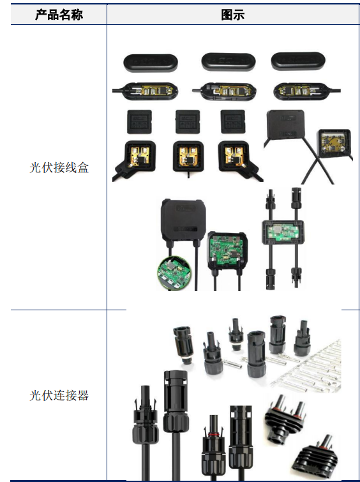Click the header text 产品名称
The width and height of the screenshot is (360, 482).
[59, 15]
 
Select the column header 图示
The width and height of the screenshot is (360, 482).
[233, 15]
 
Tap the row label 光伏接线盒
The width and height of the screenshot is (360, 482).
[59, 167]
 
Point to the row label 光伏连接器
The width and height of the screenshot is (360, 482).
[59, 395]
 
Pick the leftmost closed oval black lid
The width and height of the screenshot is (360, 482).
[151, 63]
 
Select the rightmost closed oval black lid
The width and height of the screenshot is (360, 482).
[298, 61]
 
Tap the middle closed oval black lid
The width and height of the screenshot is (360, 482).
[229, 62]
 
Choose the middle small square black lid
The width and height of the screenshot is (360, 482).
[188, 121]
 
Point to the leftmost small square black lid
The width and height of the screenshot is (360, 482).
[139, 122]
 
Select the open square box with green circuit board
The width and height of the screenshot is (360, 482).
[227, 250]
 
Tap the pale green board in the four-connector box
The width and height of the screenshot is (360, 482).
[283, 232]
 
